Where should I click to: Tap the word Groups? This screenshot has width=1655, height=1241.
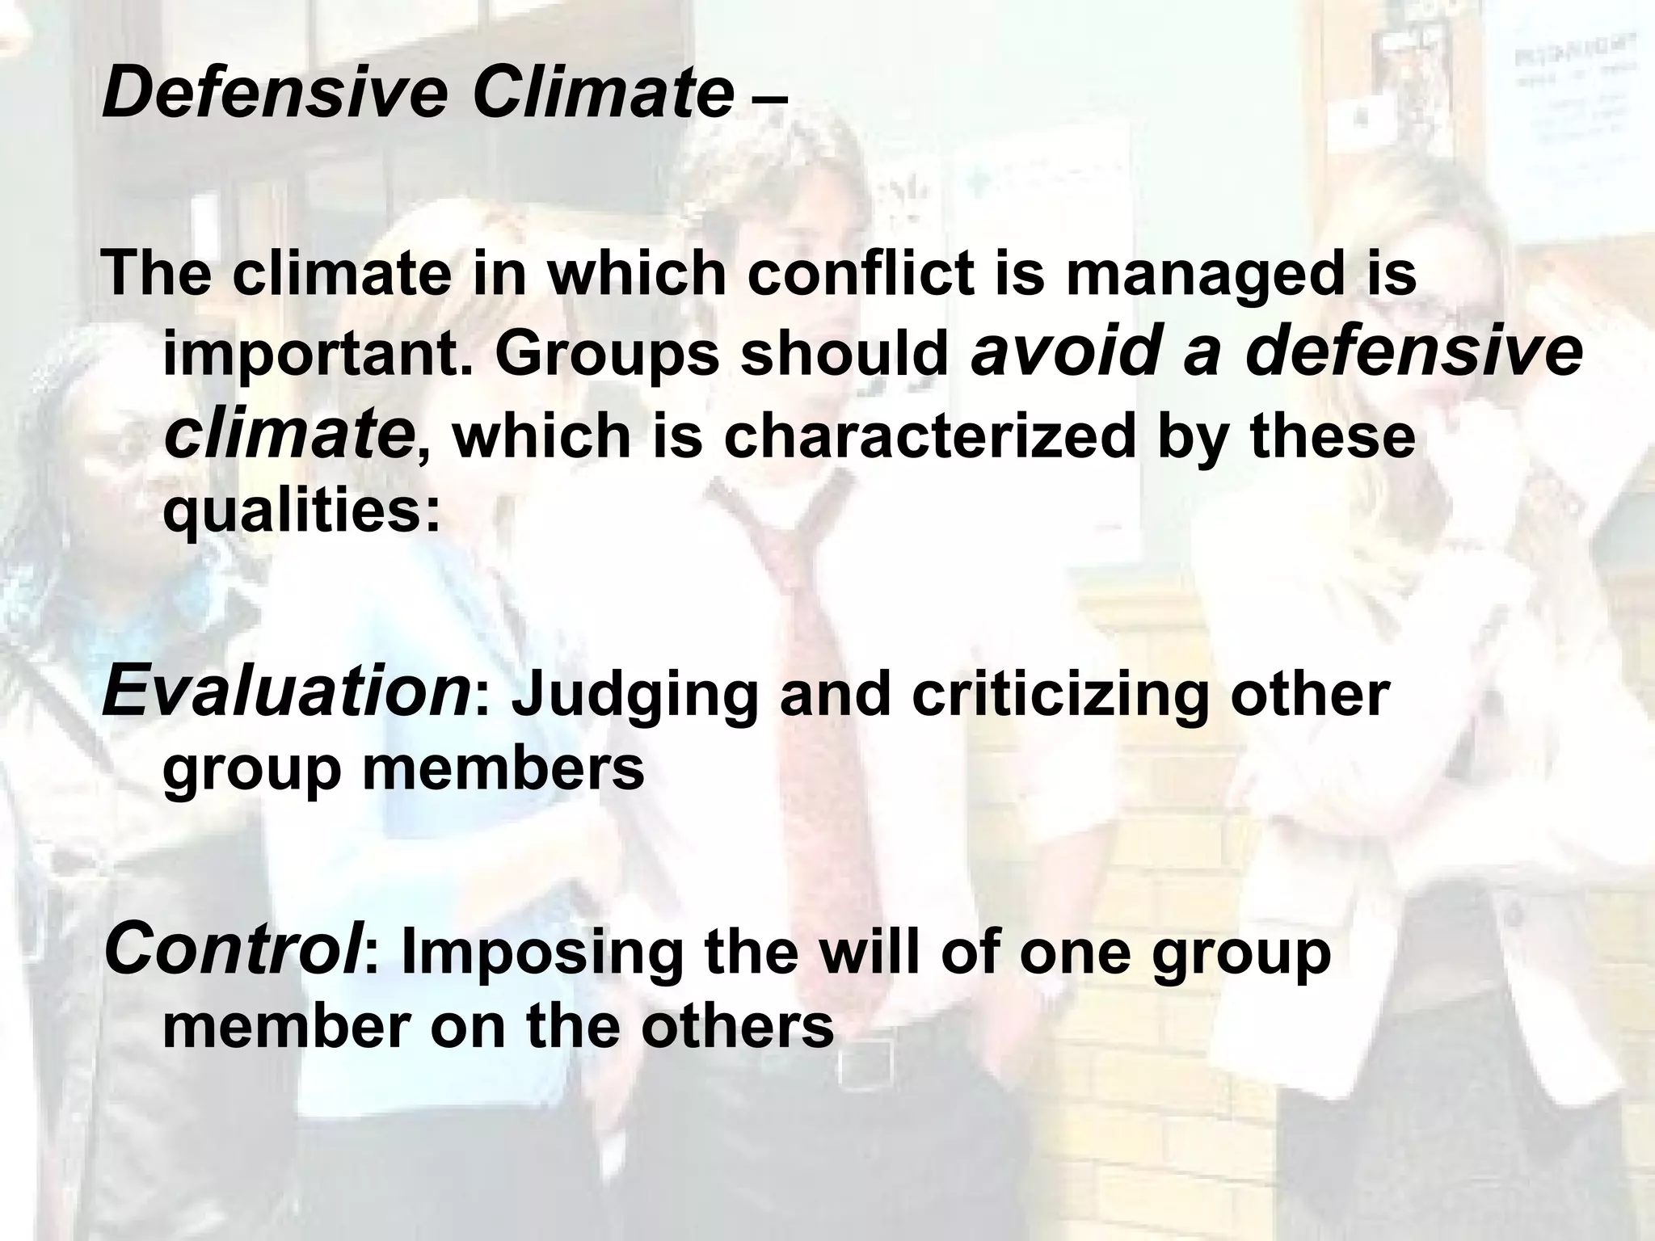(606, 355)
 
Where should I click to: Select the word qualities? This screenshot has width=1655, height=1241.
(300, 511)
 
